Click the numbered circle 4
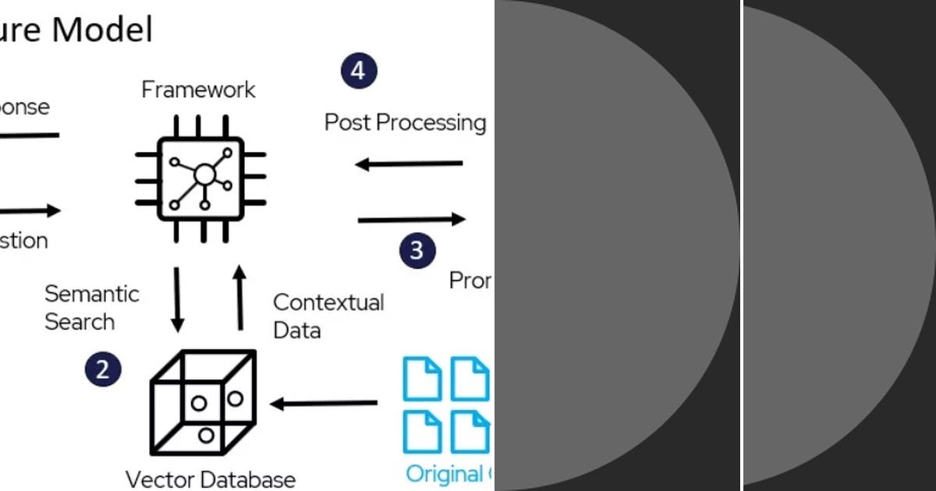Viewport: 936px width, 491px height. point(359,71)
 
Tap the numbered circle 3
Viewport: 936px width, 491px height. point(417,250)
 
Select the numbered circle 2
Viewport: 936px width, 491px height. point(104,369)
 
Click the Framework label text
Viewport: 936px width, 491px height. point(198,90)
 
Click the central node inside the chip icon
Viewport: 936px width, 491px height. point(204,174)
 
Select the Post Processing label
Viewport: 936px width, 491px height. point(405,122)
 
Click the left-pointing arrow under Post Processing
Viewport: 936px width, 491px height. point(409,164)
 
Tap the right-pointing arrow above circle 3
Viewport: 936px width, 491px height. point(411,220)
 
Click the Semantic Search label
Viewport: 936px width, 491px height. point(91,308)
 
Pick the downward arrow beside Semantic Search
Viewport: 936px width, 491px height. point(177,299)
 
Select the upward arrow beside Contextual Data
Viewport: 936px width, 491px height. point(239,297)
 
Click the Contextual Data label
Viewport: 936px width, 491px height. point(328,316)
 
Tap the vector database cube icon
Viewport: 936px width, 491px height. point(203,402)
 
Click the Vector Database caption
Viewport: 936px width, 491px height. point(211,479)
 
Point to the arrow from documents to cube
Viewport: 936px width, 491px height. point(324,404)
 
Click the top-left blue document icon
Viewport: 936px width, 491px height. point(422,378)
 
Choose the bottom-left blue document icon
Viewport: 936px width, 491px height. point(422,431)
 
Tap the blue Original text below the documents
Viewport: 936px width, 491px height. point(445,474)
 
